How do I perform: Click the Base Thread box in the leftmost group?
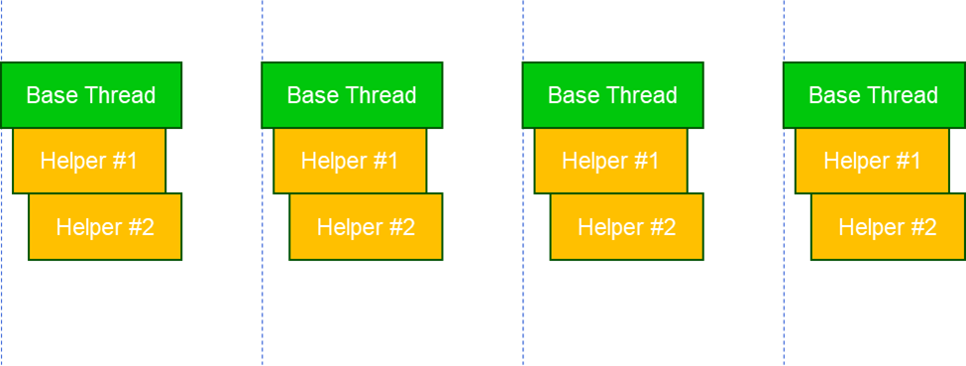(x=91, y=95)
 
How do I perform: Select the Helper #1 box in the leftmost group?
(x=89, y=161)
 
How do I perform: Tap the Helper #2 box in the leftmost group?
(x=105, y=227)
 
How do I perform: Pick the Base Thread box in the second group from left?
(x=352, y=95)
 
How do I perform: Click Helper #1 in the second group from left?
(x=350, y=161)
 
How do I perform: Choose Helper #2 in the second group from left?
(x=366, y=227)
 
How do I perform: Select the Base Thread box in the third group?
(x=612, y=95)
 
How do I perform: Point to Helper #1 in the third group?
(x=610, y=161)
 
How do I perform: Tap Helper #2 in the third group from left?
(x=626, y=227)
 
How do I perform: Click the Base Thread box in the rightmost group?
(x=873, y=95)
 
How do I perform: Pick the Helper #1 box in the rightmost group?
(x=871, y=161)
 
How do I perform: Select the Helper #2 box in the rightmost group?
(x=887, y=227)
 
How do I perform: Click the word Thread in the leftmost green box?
(x=120, y=95)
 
